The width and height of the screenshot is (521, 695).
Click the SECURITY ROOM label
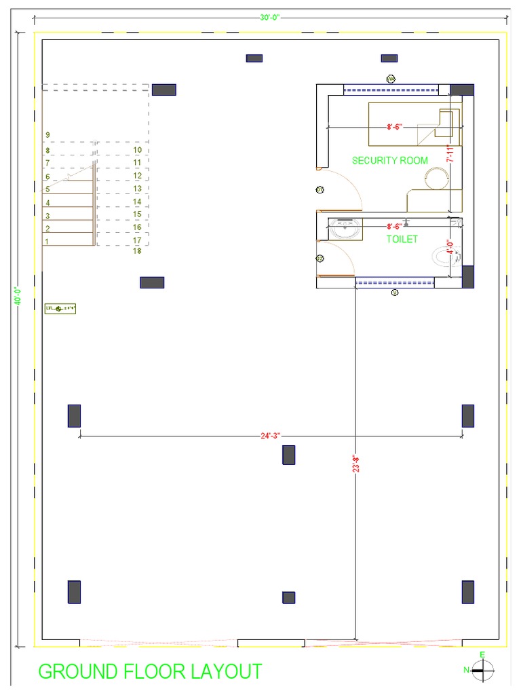389,160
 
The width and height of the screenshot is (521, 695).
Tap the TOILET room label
402,239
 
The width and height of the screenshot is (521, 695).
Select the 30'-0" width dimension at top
269,18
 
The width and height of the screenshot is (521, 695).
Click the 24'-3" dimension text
270,436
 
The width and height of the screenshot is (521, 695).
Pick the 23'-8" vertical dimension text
355,464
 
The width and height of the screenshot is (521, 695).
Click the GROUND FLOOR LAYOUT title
150,671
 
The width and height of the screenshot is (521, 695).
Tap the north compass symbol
482,670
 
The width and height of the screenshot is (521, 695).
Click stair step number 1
47,241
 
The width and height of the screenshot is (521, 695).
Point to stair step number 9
47,135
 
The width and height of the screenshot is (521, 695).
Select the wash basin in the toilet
345,229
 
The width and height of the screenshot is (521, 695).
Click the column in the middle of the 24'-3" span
289,455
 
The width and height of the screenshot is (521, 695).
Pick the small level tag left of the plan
60,309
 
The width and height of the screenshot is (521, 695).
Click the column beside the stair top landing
163,90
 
